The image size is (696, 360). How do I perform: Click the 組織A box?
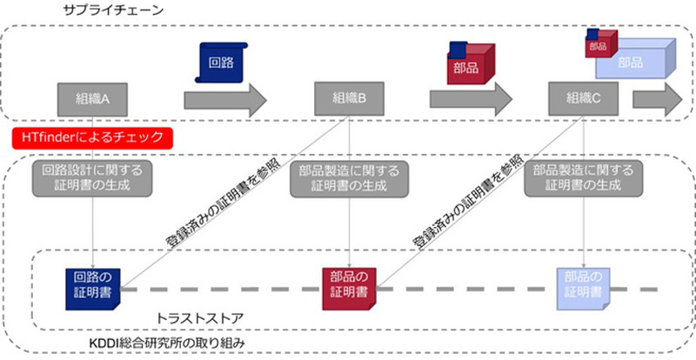click(93, 98)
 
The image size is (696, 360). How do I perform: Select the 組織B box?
click(349, 98)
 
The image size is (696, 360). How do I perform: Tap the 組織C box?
click(584, 98)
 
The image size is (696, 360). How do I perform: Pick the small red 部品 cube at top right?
click(599, 44)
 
